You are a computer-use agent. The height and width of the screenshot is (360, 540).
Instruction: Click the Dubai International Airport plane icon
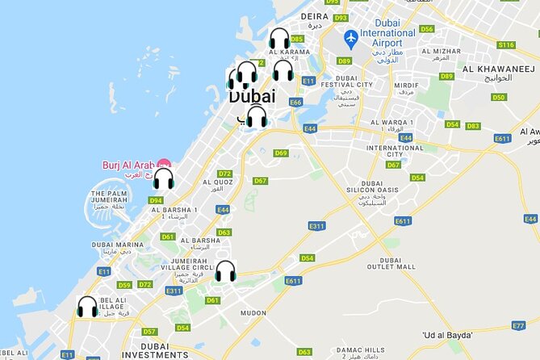350,38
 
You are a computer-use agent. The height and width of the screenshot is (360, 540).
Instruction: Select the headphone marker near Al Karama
279,40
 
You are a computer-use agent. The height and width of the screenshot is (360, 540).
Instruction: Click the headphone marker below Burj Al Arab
164,178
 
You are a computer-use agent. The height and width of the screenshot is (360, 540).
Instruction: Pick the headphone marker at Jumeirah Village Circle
225,271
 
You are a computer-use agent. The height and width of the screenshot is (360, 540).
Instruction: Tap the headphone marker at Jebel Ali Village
87,307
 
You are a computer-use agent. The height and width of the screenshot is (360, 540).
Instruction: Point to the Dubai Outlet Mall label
391,262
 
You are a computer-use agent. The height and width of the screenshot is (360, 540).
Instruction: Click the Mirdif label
404,84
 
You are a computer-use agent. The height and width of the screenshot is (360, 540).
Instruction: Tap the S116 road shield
506,45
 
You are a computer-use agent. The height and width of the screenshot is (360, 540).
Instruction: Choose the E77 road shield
519,325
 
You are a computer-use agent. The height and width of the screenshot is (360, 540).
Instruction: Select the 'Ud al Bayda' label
448,334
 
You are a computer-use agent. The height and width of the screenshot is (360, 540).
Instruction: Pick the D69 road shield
280,153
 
